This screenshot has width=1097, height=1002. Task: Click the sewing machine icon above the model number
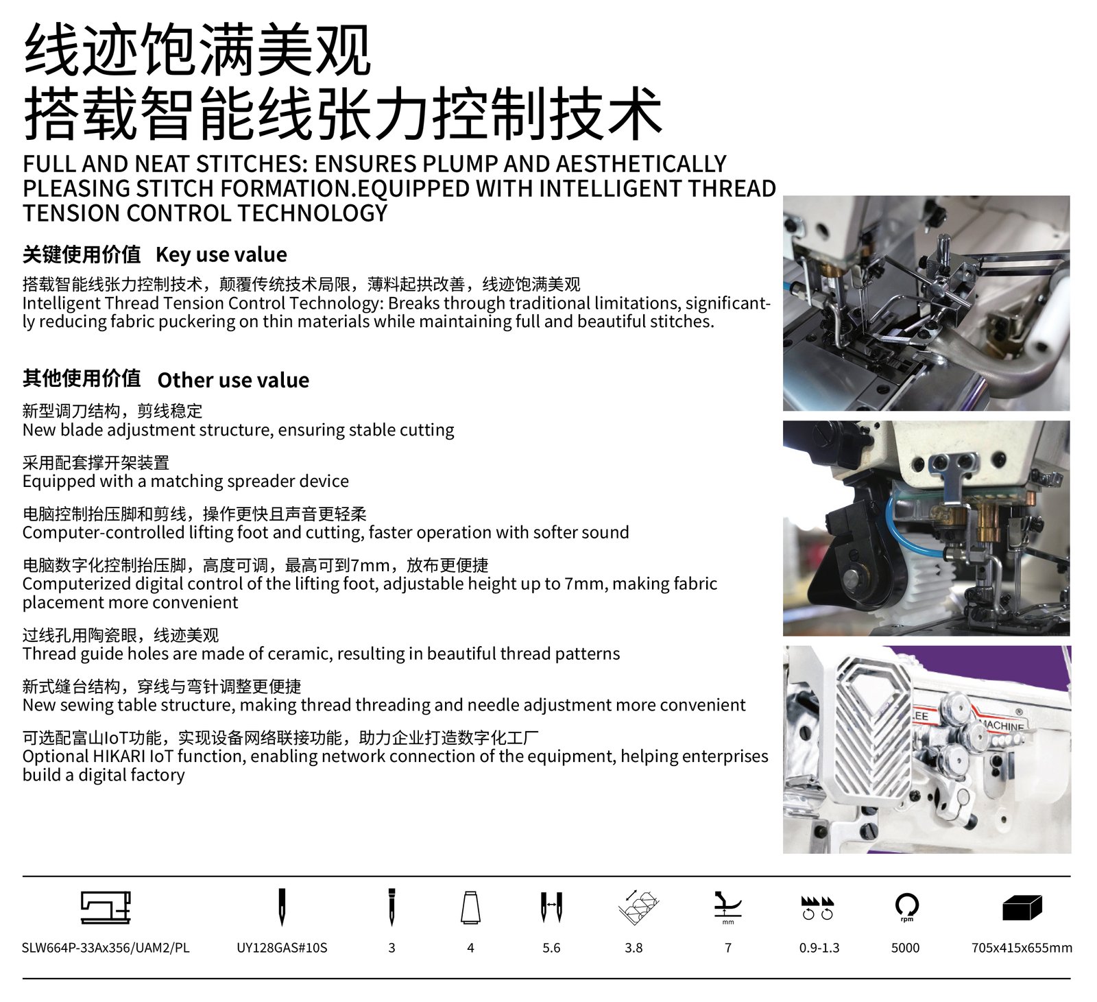(106, 907)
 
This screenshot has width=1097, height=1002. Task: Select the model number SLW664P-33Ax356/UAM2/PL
(106, 948)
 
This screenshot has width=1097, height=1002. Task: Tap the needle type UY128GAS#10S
(282, 948)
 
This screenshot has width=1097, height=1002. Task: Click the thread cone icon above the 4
(470, 907)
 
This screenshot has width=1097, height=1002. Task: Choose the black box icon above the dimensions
(1022, 907)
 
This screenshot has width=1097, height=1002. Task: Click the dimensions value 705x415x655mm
(1022, 948)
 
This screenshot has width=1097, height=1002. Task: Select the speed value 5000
(905, 948)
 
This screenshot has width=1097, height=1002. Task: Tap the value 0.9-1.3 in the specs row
(819, 948)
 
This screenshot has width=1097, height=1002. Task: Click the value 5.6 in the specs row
(551, 948)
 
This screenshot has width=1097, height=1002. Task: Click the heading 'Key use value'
(221, 254)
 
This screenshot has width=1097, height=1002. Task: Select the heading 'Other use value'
(233, 380)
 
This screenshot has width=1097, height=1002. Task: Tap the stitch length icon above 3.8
(638, 907)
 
